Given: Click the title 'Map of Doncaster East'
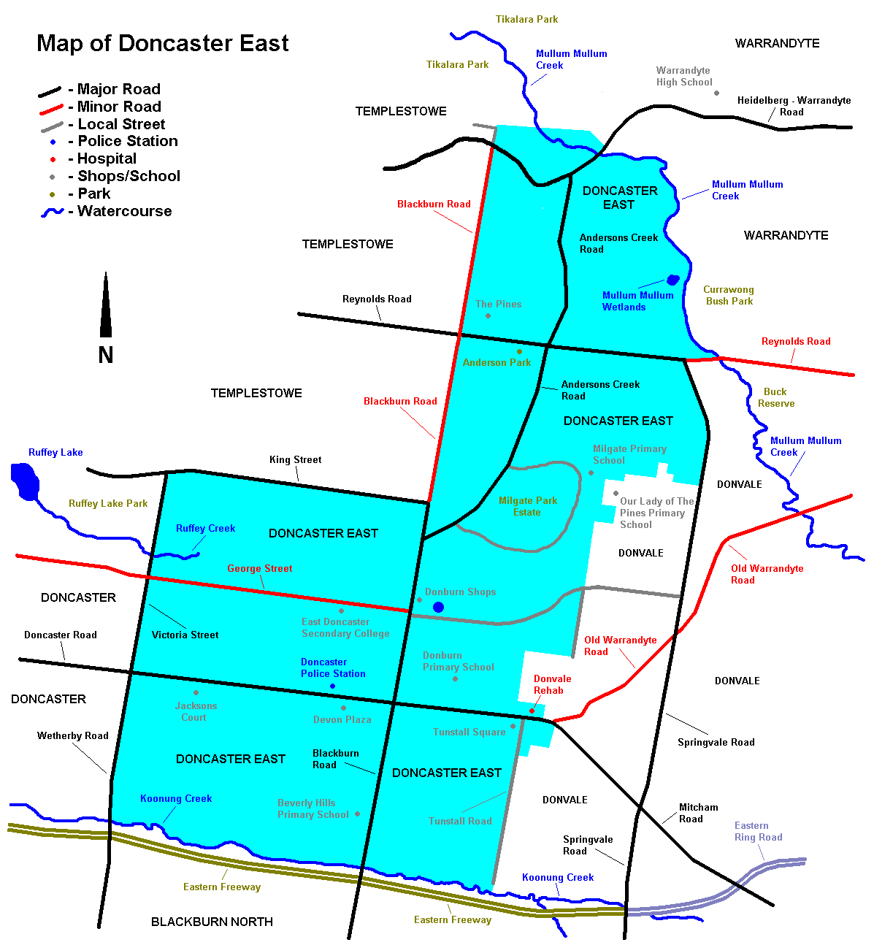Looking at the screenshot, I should (162, 43).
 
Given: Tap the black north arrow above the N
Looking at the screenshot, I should (106, 307).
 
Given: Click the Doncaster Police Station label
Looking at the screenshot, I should (333, 667).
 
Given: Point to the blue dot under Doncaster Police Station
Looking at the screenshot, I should (332, 686).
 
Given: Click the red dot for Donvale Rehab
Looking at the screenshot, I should (532, 711).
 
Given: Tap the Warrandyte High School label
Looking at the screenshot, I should (683, 76).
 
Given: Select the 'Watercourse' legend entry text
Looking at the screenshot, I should (124, 211).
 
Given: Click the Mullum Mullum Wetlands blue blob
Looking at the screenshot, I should (672, 280).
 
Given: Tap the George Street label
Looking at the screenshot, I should (259, 568).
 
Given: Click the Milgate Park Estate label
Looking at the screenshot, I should (527, 506).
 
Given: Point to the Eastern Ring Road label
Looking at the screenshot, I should (758, 831).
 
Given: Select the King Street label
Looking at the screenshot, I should (295, 459).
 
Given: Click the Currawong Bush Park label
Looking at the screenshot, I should (728, 295).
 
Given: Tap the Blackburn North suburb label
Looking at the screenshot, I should (212, 922).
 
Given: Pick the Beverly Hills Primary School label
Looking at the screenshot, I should (313, 808).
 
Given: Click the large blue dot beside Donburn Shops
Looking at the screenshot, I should (438, 607).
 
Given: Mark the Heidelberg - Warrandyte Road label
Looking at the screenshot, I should (793, 106).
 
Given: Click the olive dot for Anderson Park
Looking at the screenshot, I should (519, 351).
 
